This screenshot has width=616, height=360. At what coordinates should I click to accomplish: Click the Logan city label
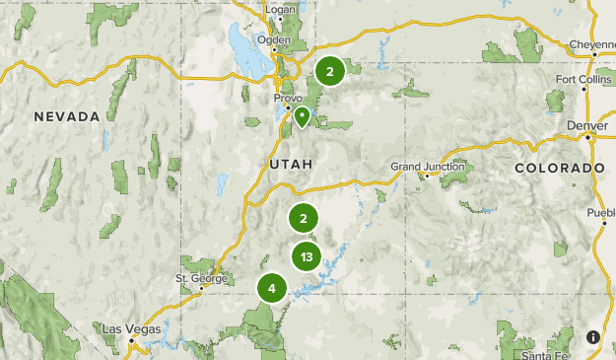281,11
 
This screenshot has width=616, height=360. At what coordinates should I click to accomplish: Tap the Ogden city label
274,40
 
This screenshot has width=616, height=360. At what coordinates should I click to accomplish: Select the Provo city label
288,99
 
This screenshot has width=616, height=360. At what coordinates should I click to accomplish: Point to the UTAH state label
290,163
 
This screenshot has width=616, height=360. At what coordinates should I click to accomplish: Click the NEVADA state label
67,116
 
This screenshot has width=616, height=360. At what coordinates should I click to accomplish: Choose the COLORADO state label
559,169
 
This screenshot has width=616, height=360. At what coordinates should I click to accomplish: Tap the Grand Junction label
420,166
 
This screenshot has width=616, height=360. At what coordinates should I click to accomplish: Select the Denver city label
587,126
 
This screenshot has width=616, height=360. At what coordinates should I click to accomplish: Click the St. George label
195,277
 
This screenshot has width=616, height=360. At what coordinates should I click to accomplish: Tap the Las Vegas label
130,327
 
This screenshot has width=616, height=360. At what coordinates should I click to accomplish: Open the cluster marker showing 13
308,257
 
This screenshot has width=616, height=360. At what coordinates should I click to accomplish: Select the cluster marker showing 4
271,289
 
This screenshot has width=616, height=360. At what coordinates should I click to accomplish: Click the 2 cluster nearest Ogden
329,71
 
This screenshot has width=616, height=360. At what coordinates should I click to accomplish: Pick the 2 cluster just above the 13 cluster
304,219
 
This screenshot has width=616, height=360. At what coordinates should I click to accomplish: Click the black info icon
593,337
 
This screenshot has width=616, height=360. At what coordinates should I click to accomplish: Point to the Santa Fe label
544,355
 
